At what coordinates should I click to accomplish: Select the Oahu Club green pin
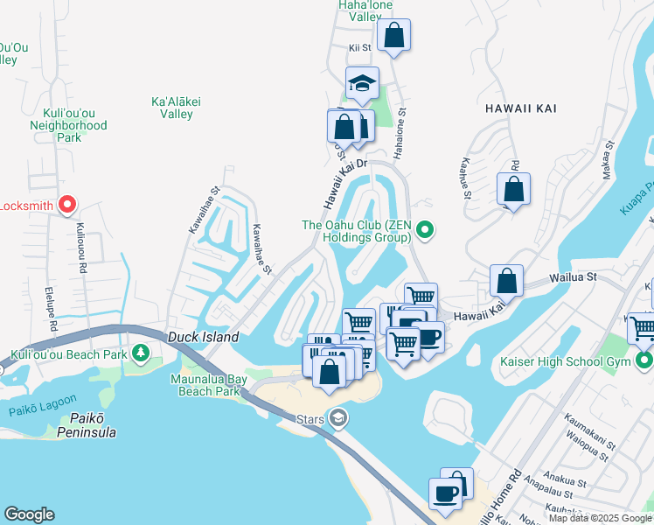[x=425, y=231]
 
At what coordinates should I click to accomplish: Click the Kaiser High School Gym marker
[x=644, y=360]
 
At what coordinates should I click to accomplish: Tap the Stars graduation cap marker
[x=337, y=419]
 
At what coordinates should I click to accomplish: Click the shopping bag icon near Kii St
[x=394, y=36]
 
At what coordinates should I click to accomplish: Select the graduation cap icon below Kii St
[x=362, y=84]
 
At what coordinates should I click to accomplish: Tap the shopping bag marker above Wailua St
[x=506, y=282]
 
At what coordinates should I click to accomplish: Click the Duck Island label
[x=202, y=336]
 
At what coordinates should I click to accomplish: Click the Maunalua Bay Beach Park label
[x=205, y=384]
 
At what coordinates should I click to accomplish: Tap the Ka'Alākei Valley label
[x=176, y=108]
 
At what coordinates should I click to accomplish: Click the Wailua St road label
[x=572, y=276]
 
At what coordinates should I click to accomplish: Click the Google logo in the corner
[x=29, y=514]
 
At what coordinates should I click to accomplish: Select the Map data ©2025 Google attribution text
[x=600, y=518]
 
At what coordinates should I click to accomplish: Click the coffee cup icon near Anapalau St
[x=445, y=493]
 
